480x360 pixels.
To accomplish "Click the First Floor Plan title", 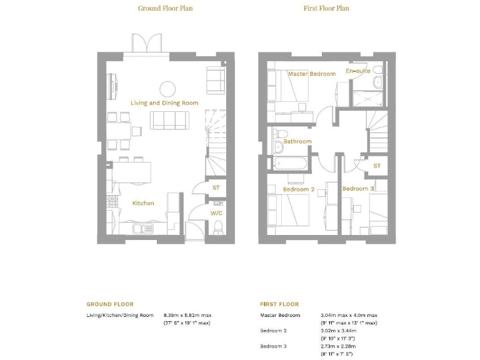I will [x=326, y=8].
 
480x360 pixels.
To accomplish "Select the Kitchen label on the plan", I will [x=142, y=203].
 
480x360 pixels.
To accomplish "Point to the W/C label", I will [x=216, y=213].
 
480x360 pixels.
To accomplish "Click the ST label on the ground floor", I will [x=216, y=187].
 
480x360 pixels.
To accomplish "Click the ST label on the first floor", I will [x=377, y=166].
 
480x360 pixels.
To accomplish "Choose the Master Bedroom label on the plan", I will [x=311, y=74].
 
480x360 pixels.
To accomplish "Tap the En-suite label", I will [x=358, y=71].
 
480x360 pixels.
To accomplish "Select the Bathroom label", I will [x=297, y=141].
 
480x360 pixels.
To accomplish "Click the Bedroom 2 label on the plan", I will [x=298, y=189].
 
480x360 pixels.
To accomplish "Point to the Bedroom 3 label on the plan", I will [x=358, y=189].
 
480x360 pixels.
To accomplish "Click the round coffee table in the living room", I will [x=168, y=88].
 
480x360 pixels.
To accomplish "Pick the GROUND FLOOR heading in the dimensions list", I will [x=110, y=304].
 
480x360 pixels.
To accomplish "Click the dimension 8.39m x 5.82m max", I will [x=186, y=315].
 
